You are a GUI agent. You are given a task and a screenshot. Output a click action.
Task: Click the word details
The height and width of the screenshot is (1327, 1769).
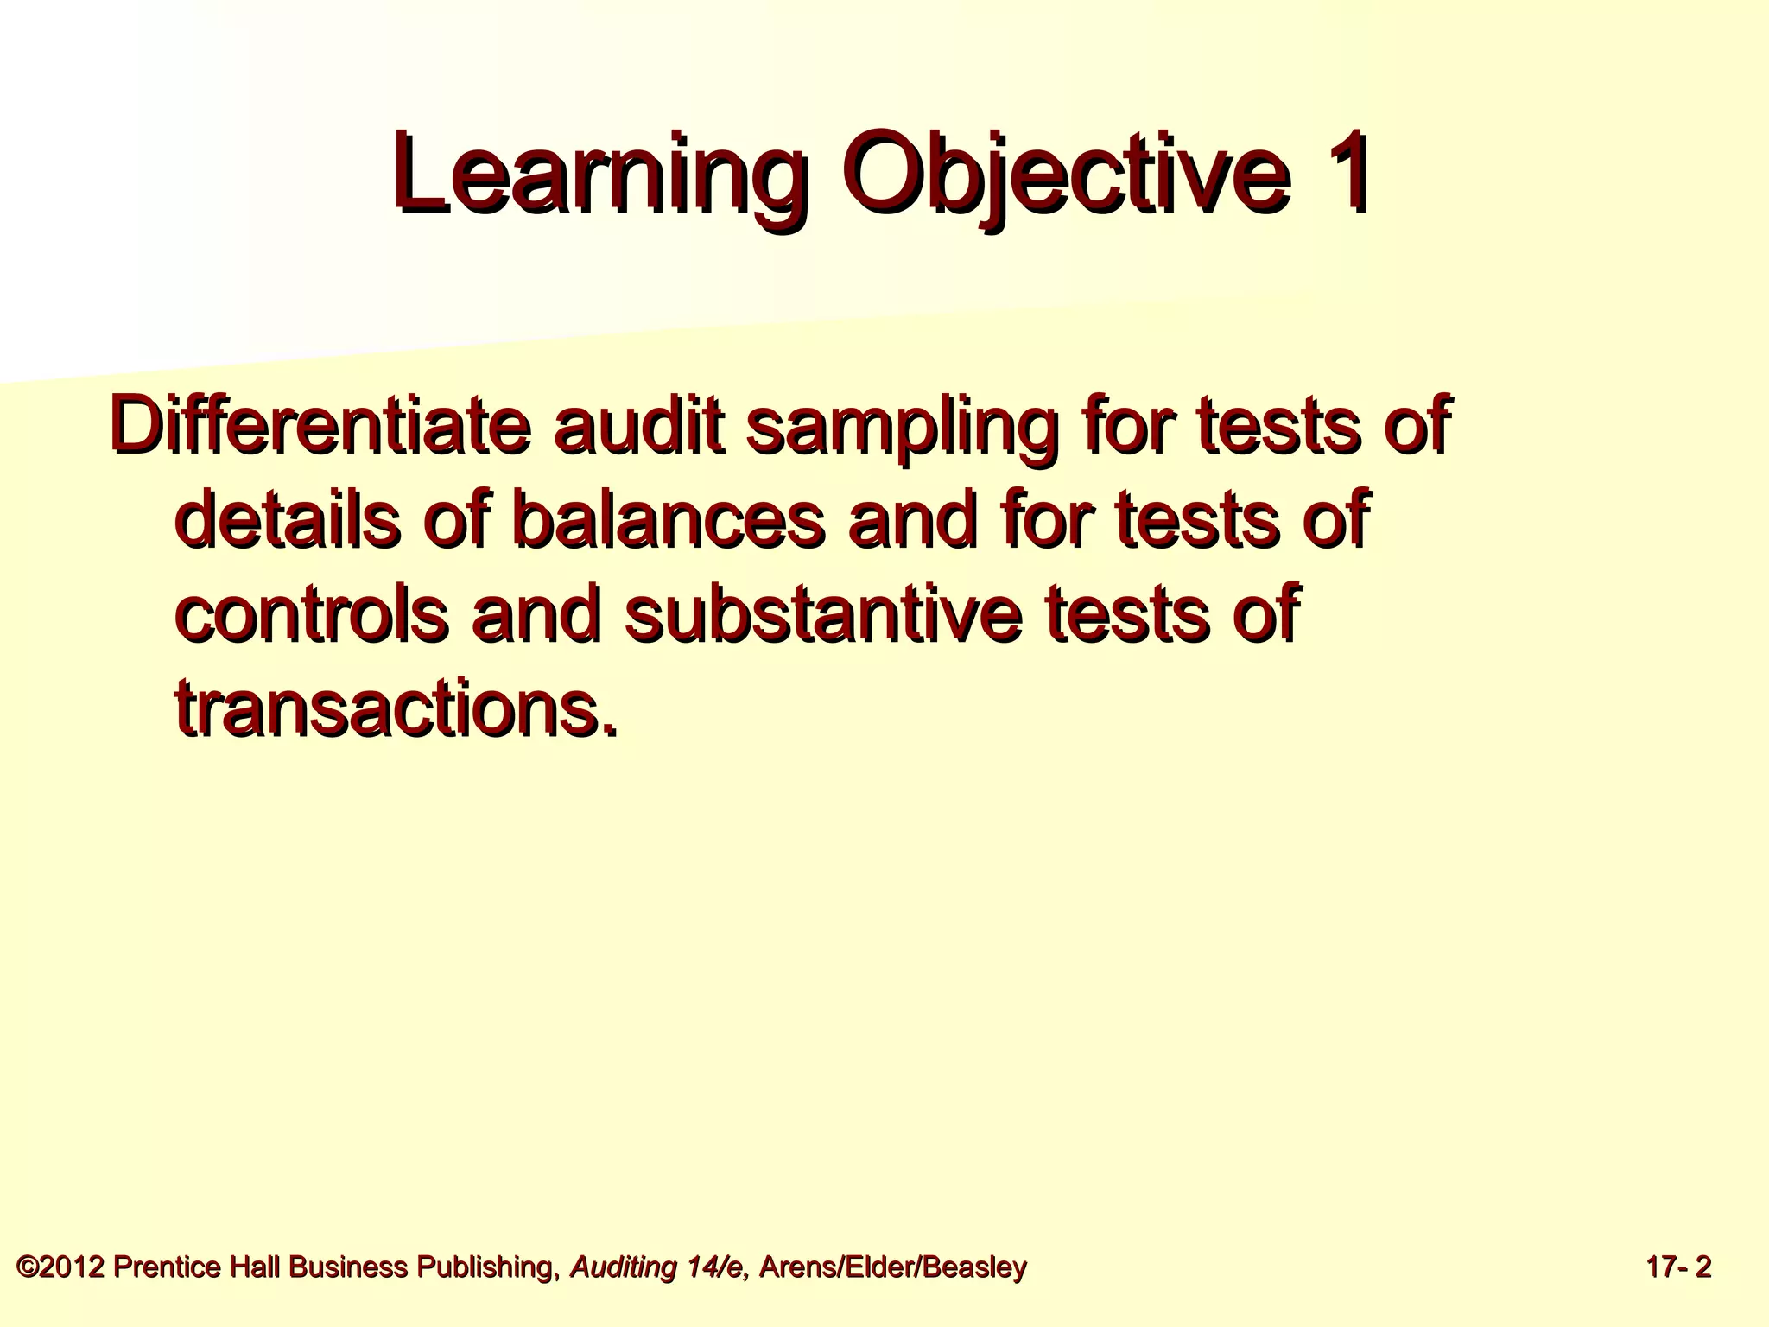point(288,520)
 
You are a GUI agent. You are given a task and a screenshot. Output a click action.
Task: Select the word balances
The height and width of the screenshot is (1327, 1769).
point(669,520)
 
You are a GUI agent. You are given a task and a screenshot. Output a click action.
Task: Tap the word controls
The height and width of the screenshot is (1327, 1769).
point(312,613)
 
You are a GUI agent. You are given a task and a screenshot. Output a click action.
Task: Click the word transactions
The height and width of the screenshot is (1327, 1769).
point(396,708)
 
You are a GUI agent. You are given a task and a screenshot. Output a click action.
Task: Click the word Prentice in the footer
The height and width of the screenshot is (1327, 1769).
point(165,1267)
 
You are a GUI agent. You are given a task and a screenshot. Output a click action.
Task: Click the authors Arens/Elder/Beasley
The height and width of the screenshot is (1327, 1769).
point(892,1267)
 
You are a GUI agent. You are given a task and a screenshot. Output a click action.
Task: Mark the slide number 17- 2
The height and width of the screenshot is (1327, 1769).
point(1678,1267)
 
